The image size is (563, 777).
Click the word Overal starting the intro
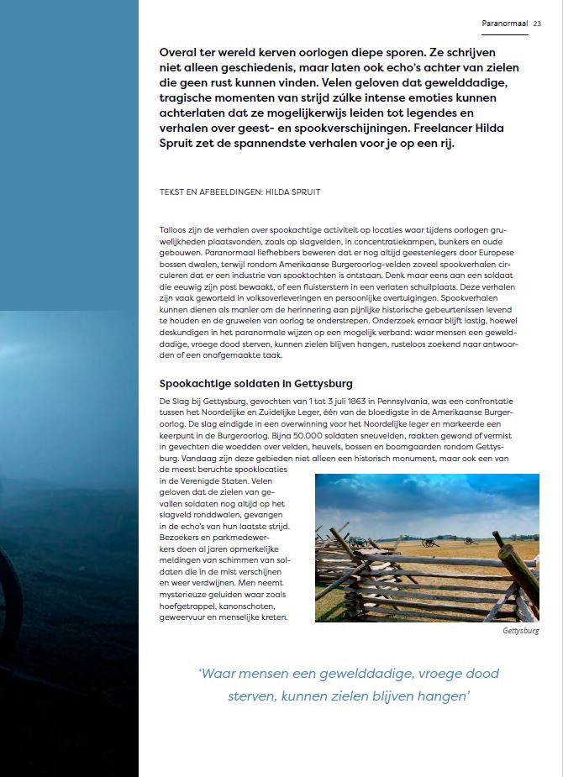[180, 52]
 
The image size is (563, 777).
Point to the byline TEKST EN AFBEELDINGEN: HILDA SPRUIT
[239, 192]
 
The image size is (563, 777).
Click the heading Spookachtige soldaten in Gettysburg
[256, 384]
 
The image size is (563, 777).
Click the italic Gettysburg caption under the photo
[520, 631]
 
